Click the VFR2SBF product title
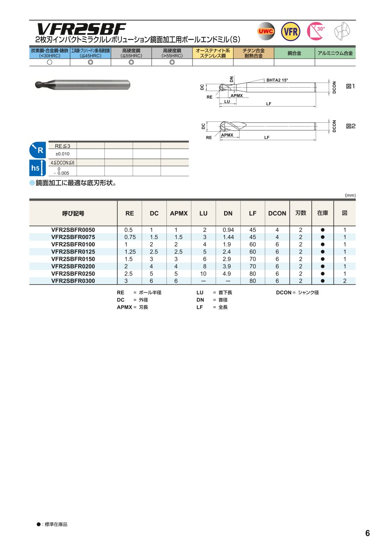coord(81,29)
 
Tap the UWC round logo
coord(266,31)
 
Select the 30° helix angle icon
coord(316,31)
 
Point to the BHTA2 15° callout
coord(278,80)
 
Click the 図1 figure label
coord(350,86)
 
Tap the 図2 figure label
coord(350,127)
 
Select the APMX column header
coord(179,213)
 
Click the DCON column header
coord(277,213)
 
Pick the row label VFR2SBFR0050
coord(73,230)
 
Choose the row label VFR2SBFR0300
coord(73,281)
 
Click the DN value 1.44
coord(228,237)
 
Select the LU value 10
coord(203,274)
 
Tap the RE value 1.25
coord(130,252)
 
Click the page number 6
coord(367,533)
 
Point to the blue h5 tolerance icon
coord(37,168)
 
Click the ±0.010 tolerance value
coord(62,154)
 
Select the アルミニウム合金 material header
coord(335,53)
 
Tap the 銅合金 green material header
coord(294,53)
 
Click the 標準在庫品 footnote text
coord(54,524)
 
